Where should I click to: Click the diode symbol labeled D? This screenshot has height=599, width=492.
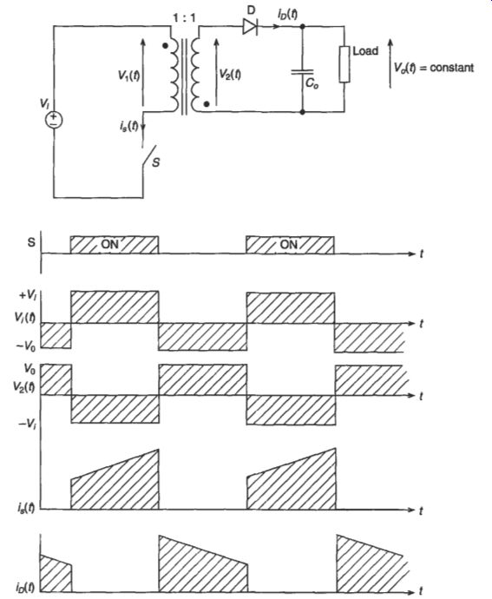click(250, 27)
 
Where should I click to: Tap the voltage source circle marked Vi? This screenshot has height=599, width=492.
click(54, 121)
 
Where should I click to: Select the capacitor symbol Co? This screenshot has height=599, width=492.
click(302, 72)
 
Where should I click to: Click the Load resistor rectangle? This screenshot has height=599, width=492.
click(344, 64)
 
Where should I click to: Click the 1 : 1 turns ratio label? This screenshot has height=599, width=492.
click(185, 18)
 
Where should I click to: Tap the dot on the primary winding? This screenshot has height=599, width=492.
click(165, 46)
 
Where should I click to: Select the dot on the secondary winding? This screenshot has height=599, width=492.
click(207, 104)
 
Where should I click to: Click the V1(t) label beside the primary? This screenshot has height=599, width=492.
click(128, 76)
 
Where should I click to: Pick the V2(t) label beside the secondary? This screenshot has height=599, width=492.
click(230, 74)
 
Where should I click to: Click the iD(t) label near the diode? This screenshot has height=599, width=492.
click(288, 15)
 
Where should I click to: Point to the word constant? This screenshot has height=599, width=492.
click(452, 68)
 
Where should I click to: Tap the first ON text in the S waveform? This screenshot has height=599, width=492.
click(109, 244)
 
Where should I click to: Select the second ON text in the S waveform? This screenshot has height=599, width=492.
click(289, 244)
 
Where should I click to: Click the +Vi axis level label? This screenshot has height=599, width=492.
click(29, 295)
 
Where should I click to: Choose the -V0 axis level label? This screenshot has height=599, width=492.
click(26, 346)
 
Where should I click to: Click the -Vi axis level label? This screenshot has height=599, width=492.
click(28, 424)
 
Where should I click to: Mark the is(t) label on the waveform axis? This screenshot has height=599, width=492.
click(25, 508)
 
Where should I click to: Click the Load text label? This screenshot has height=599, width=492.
click(365, 51)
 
